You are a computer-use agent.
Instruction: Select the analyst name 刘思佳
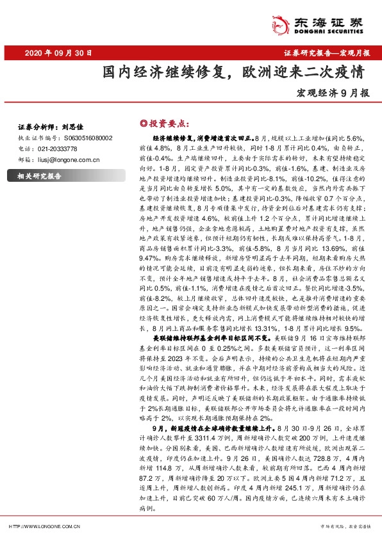coord(74,127)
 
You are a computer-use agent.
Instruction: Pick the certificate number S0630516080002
coord(90,137)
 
